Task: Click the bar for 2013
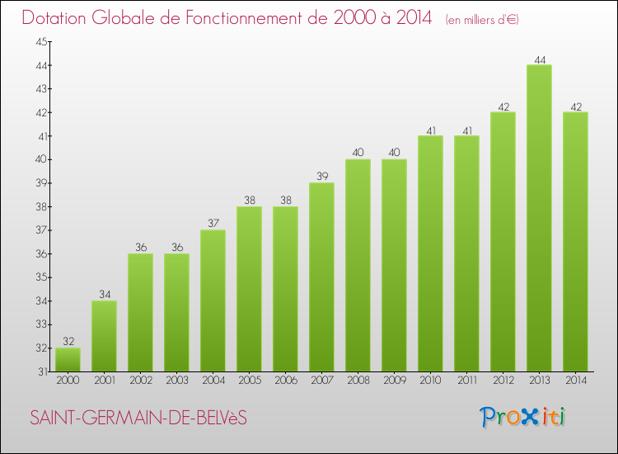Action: (x=539, y=219)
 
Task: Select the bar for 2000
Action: (x=68, y=360)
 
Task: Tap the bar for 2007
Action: (x=321, y=277)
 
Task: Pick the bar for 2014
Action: (x=575, y=242)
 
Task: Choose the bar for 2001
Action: (x=104, y=336)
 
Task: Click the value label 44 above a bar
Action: (x=539, y=59)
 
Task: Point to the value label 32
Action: (x=68, y=342)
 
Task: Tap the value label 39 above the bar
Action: (x=321, y=177)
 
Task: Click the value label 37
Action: (x=213, y=224)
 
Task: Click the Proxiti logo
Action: (x=522, y=417)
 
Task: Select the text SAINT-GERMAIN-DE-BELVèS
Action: (x=138, y=419)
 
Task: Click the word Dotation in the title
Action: (x=56, y=17)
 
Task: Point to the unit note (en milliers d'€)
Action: (x=482, y=19)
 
